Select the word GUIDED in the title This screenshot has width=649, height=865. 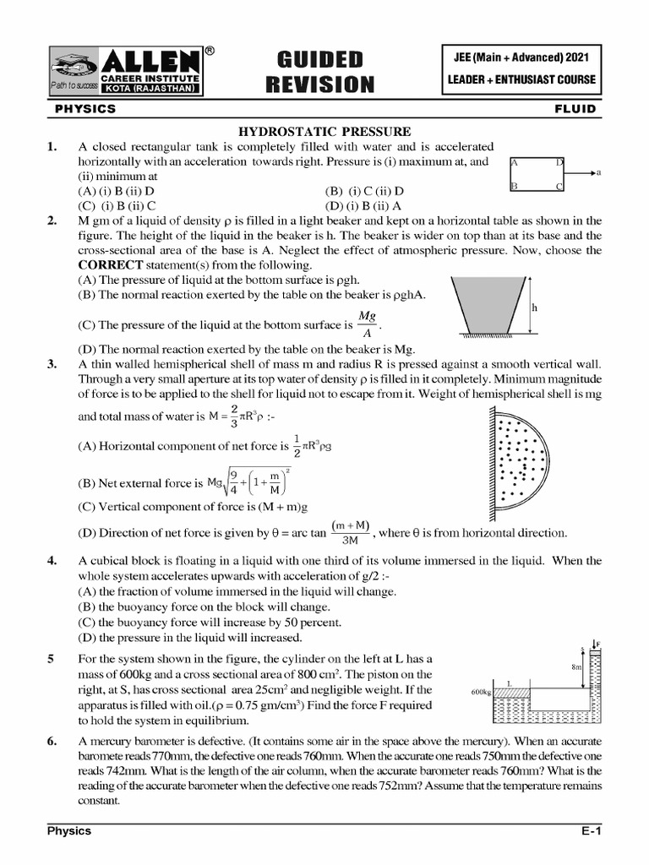pos(319,58)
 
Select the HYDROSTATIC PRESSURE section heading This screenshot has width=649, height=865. pos(324,131)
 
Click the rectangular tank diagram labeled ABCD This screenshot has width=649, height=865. pos(537,173)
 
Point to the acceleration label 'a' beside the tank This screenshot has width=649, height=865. pos(598,173)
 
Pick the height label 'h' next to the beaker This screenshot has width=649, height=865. pos(534,308)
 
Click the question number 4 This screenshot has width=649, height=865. pos(52,560)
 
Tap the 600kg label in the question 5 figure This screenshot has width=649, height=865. pos(481,692)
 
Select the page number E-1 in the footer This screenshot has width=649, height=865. pos(589,831)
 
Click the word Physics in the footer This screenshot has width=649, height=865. pos(68,831)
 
